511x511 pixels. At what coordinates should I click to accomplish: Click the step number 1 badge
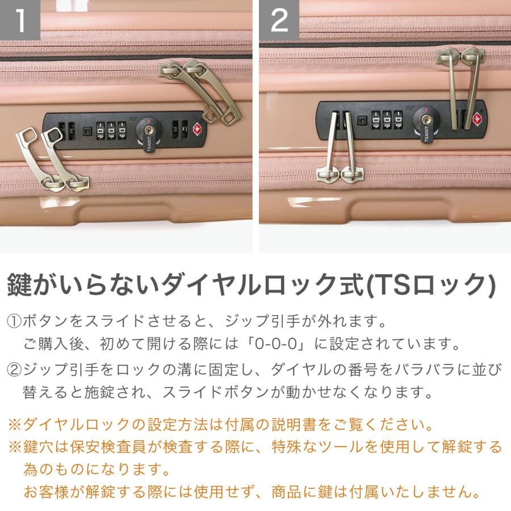pos(19,19)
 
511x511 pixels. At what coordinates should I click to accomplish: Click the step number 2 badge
pos(279,19)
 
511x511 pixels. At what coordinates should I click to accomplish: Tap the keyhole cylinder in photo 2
pos(425,120)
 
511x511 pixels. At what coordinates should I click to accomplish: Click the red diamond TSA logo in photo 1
pos(197,129)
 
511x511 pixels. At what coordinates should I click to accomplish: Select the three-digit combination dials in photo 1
pos(111,131)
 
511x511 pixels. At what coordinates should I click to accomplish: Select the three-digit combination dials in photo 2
pos(387,120)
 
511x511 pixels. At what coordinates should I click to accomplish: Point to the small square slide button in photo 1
pos(87,131)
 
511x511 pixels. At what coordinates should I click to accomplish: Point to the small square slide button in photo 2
pos(362,120)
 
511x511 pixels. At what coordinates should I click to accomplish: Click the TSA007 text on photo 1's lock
pos(149,144)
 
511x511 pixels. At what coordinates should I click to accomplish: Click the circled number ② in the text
pos(14,370)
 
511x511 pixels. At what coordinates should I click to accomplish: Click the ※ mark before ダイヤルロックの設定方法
pos(15,425)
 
